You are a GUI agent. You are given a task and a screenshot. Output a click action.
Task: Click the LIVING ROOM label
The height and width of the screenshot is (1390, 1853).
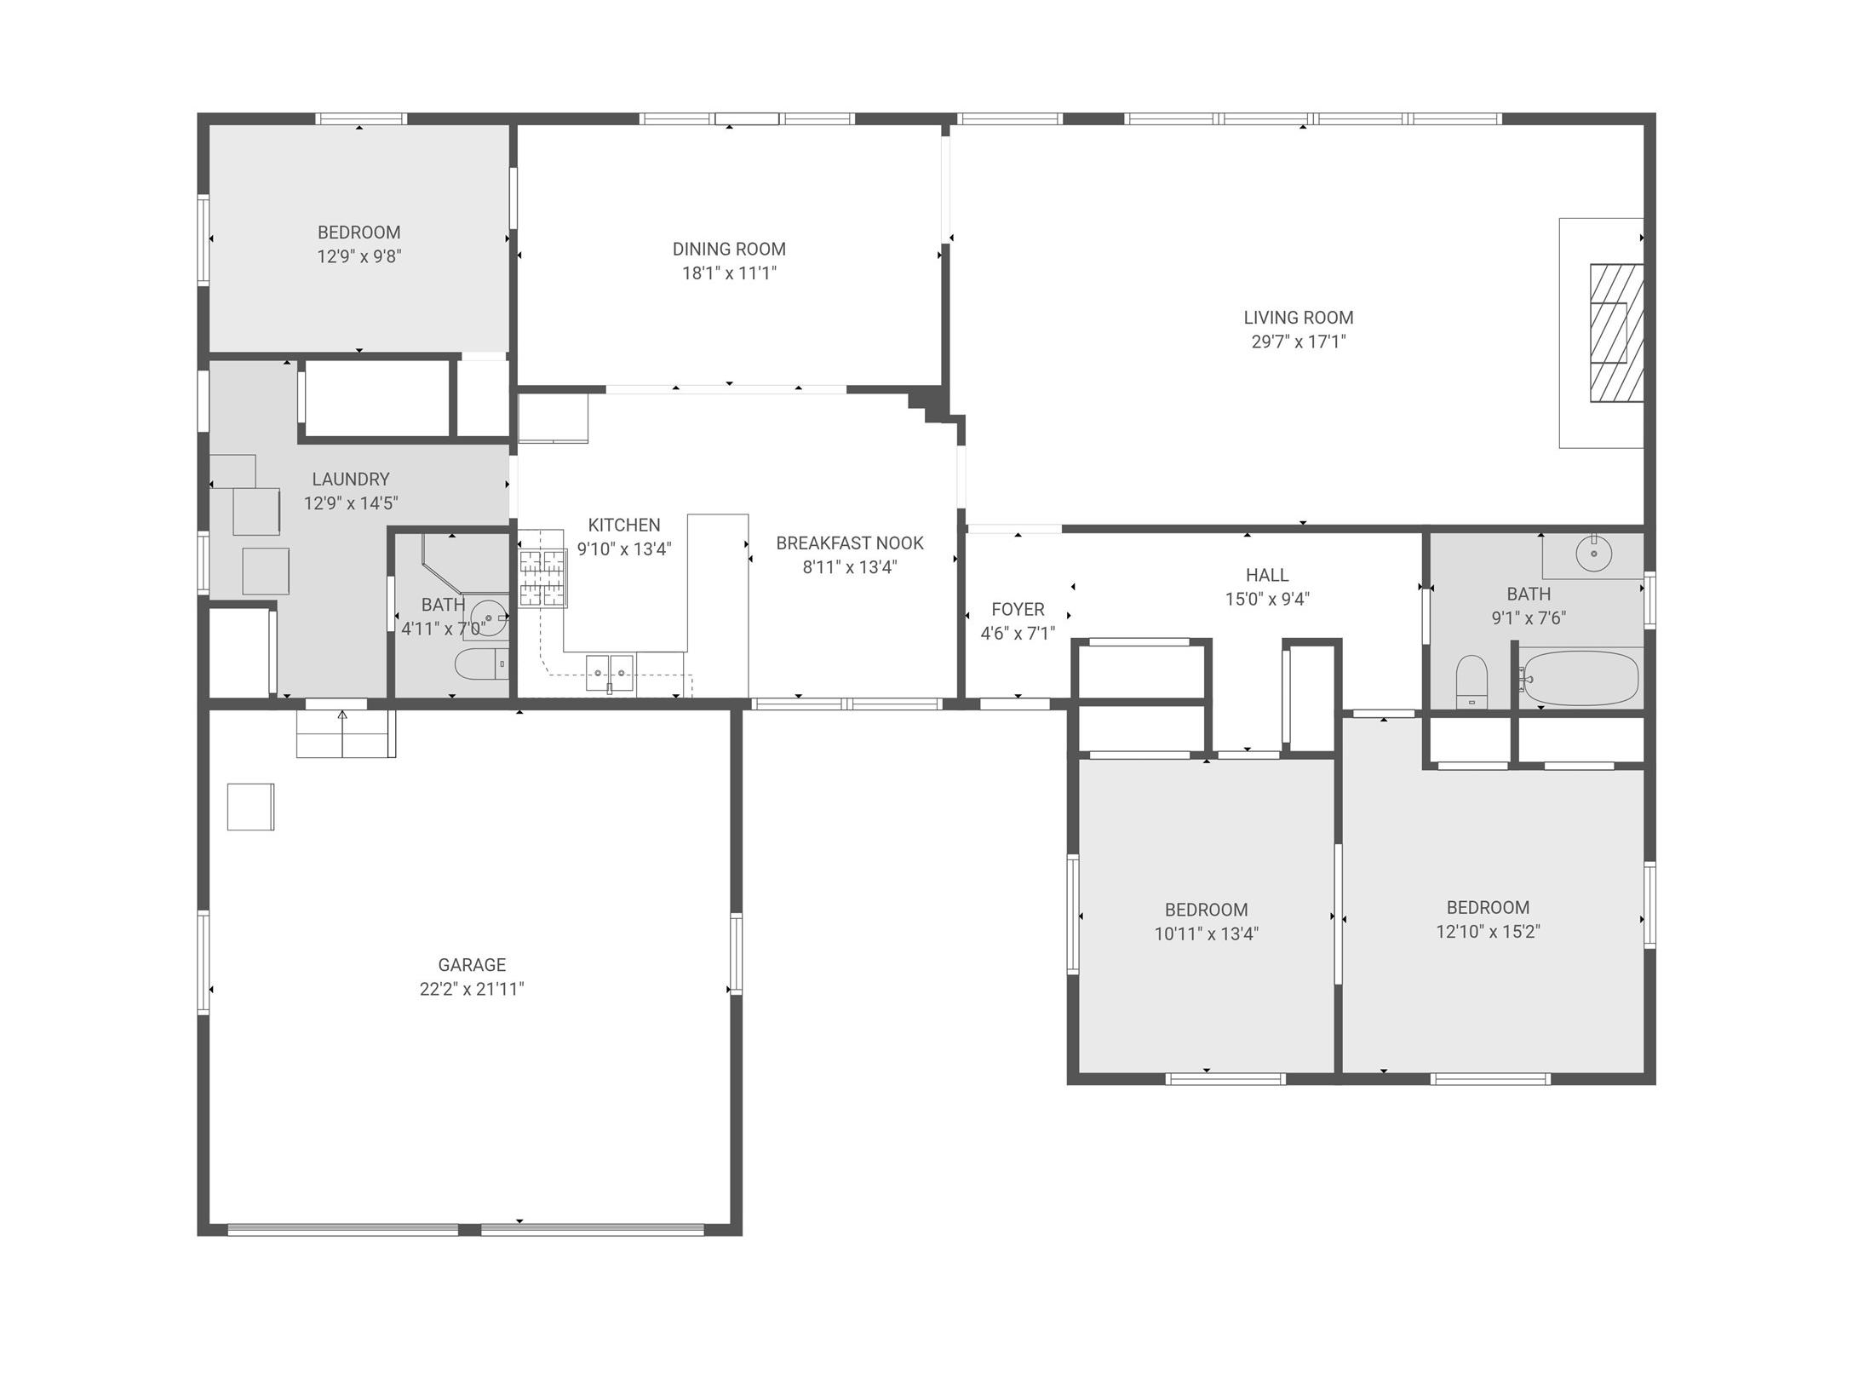(1298, 318)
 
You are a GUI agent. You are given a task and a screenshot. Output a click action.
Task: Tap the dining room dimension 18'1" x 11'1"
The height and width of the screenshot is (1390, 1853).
(729, 273)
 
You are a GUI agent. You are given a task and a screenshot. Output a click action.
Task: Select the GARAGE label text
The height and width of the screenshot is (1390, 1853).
(472, 965)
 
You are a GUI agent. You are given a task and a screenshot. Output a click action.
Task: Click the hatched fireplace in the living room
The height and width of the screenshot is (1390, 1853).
(1615, 332)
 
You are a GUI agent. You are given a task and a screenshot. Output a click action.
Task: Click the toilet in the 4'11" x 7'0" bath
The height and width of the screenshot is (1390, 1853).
(479, 664)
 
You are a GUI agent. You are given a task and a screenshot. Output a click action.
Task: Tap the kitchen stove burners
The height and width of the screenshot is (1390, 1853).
(542, 578)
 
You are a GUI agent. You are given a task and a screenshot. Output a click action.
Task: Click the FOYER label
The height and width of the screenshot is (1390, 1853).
(1018, 609)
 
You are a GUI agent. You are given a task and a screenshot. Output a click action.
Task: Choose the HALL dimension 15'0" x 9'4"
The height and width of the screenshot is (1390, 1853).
(1267, 599)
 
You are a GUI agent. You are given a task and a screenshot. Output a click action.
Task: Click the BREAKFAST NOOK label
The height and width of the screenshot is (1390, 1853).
(849, 543)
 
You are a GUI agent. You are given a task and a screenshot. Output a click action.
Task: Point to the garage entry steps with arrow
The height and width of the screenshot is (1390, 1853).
(344, 732)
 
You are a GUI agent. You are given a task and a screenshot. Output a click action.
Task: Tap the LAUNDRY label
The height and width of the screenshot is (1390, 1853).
(350, 479)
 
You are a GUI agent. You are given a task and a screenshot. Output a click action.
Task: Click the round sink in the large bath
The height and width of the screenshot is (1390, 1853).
(1593, 555)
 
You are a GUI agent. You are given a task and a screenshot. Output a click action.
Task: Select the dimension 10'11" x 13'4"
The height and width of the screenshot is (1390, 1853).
(1206, 933)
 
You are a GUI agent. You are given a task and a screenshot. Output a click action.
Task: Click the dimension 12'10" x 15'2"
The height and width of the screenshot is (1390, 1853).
(1488, 931)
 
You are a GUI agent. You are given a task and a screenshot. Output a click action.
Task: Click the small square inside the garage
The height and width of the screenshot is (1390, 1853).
(250, 806)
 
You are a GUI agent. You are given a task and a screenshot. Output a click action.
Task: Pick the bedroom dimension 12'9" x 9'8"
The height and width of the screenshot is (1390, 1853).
(359, 256)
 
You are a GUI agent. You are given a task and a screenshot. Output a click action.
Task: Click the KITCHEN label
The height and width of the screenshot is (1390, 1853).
(623, 525)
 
